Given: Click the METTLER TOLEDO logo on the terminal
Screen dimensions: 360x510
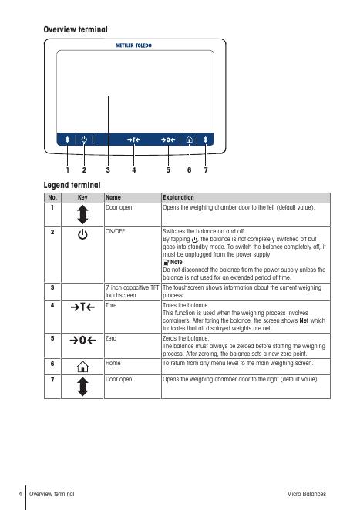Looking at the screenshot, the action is coord(134,45).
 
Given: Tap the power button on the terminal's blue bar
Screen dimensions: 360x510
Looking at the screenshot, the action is coord(84,139).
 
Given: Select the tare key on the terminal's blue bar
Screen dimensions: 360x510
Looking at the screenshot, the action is coord(134,140).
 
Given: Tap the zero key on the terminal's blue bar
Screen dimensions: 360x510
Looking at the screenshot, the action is coord(168,140).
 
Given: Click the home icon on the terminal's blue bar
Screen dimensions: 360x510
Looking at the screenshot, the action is coord(189,139).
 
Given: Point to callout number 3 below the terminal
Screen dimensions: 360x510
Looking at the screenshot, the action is coord(108,169).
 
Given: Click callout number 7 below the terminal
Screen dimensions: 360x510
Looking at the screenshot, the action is coord(206,169).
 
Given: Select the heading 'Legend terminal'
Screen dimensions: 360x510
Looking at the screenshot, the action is coord(72,185).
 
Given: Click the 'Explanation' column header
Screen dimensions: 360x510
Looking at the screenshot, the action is coord(178,197).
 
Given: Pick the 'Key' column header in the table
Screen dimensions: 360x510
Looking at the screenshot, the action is coord(82,197).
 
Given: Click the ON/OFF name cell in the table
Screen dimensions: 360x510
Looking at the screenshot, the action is coord(115,231).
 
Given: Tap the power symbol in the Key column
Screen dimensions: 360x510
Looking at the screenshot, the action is coord(82,234).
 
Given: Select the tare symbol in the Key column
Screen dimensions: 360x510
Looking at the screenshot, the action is coord(82,307).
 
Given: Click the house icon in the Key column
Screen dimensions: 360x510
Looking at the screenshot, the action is coord(82,366).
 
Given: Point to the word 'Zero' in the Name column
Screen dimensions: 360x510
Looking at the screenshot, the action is coord(111,338).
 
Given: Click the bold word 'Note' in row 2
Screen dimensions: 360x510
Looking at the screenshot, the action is coord(176,262).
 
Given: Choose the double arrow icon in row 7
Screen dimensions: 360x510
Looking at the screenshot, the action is coord(83,387).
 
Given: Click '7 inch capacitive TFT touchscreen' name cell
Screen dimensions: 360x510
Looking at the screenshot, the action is coord(132,291).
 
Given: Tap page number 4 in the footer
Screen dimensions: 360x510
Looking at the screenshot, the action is coord(20,494).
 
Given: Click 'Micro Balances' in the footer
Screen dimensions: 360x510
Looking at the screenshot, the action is coord(306,494).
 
